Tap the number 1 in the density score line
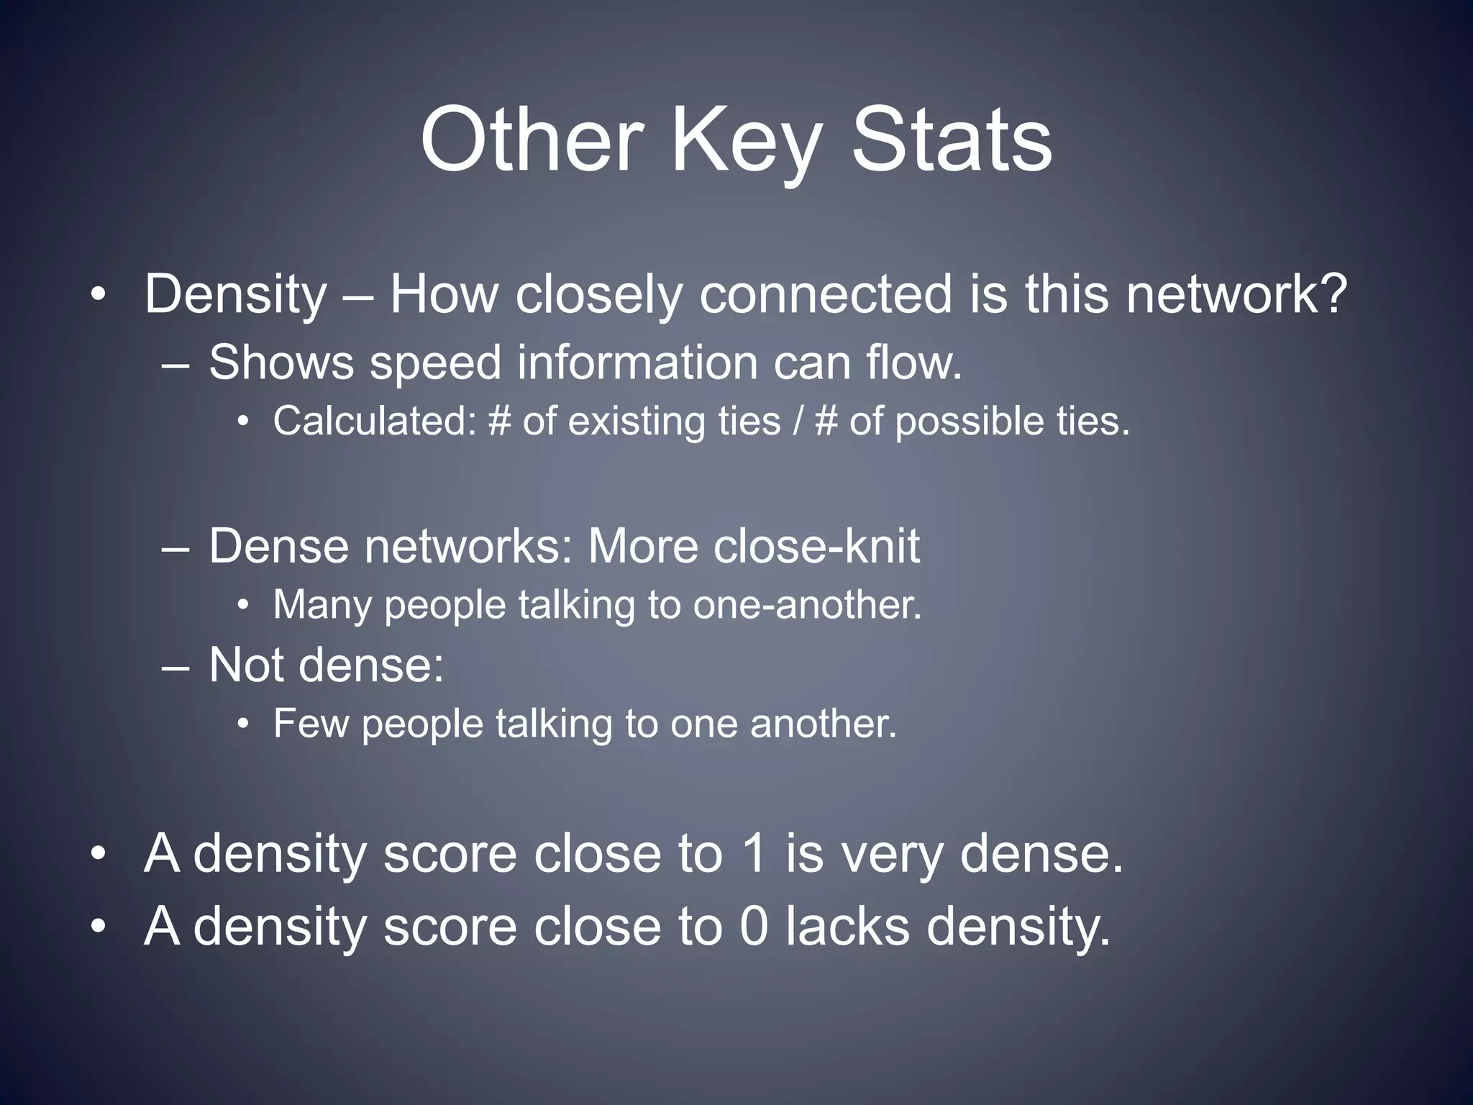pos(754,854)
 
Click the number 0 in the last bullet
pos(754,927)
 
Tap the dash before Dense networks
pos(176,547)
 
